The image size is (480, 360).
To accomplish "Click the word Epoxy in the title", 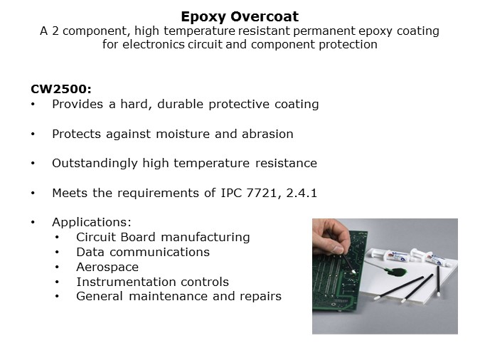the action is coord(203,17).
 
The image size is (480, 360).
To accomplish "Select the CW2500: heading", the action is coord(61,89).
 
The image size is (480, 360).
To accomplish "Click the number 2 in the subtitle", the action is coord(55,31).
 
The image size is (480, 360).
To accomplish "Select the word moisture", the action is coord(183,134).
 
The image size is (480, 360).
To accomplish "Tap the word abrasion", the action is coord(267,134).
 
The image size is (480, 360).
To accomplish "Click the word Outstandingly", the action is coord(95,164).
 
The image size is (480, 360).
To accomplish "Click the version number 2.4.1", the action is coord(302,193).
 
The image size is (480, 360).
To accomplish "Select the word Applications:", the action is coord(92,223).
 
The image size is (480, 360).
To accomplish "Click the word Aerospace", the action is coord(107,268).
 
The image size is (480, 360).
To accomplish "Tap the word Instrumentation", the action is coord(126,282).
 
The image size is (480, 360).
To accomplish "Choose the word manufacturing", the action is coord(206,238).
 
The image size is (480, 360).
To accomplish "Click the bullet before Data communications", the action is coord(57,252).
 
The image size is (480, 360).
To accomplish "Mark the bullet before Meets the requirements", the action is coord(33,193).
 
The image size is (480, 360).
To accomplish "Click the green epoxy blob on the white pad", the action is coord(397,272).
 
